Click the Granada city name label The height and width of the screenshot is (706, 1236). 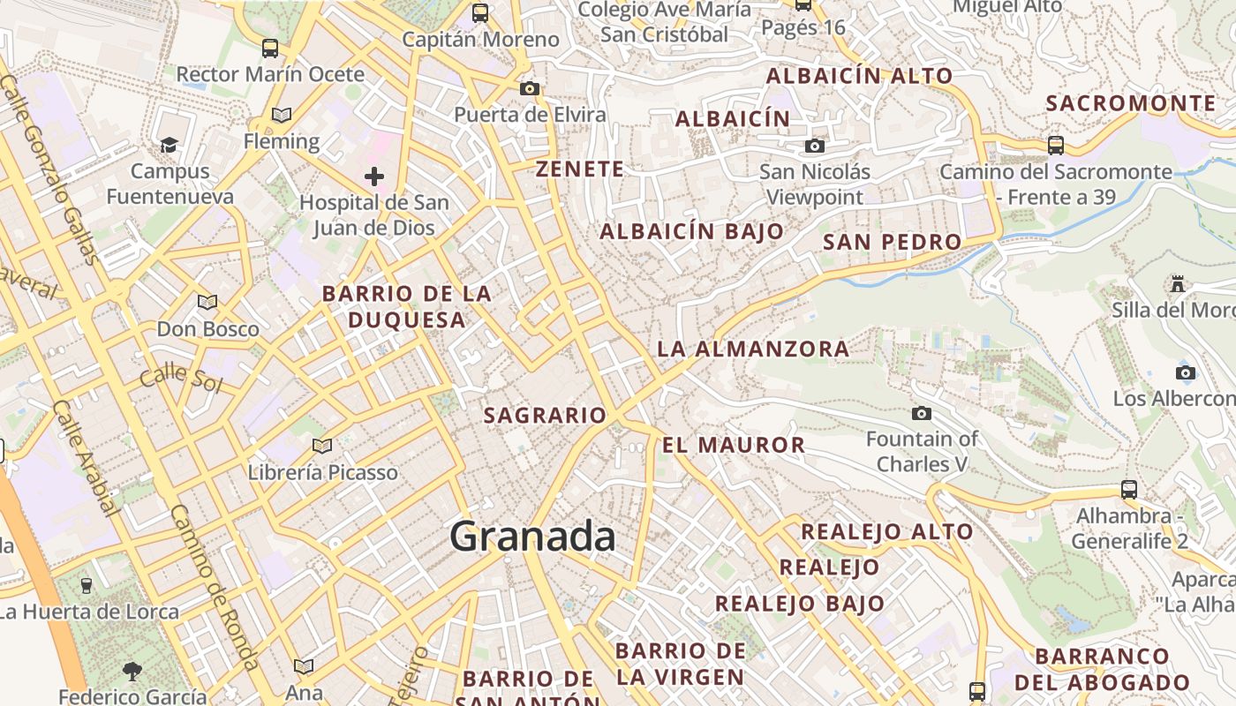[x=532, y=537]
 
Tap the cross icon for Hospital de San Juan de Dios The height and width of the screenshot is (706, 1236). [x=374, y=176]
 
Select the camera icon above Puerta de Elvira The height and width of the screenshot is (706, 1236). [x=530, y=88]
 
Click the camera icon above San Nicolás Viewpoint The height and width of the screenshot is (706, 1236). [x=814, y=146]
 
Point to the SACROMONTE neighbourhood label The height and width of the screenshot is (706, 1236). [x=1131, y=103]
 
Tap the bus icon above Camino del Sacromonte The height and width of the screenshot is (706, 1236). [x=1055, y=145]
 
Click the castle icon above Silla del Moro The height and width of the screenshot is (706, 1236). [x=1177, y=284]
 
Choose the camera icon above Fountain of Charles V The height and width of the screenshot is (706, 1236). [x=922, y=413]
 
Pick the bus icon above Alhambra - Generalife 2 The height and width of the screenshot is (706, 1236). [x=1128, y=489]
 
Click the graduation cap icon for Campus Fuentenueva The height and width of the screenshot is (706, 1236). [x=169, y=145]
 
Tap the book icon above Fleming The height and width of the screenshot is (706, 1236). [x=282, y=116]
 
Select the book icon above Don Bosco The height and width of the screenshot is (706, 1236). [x=207, y=303]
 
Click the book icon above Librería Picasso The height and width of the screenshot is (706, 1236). [x=322, y=446]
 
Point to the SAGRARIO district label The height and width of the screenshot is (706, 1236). [x=545, y=415]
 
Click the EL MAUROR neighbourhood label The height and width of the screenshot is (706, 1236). [x=734, y=445]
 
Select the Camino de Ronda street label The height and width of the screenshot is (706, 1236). [x=214, y=587]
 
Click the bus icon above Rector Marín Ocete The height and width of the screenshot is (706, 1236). [x=270, y=48]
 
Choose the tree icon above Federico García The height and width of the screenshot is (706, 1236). [x=132, y=672]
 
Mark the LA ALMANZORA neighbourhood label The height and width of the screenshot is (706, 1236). [x=753, y=349]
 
